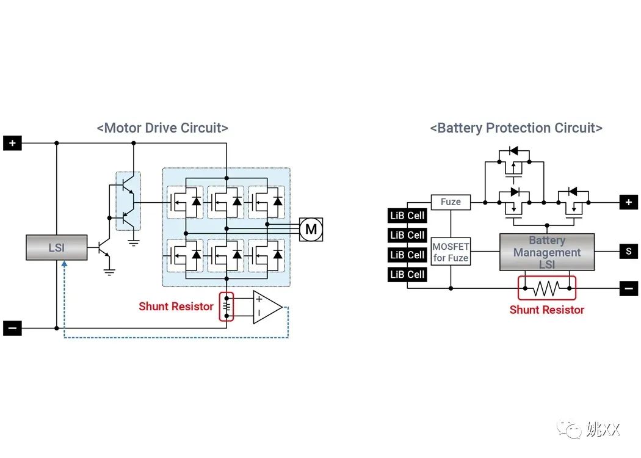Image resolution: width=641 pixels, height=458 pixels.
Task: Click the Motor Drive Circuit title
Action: click(162, 128)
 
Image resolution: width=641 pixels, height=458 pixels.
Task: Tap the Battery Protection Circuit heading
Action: click(516, 128)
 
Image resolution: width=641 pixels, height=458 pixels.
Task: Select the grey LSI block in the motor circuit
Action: click(56, 248)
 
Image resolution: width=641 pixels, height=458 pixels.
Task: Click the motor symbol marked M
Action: click(311, 229)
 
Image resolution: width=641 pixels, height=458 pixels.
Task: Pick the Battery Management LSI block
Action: click(546, 252)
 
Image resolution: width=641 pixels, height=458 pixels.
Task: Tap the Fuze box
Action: click(451, 202)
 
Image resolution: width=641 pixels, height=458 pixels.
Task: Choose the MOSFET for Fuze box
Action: click(451, 252)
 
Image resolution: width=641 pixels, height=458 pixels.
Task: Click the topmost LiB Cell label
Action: click(407, 216)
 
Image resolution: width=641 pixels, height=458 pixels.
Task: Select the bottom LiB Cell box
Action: click(407, 274)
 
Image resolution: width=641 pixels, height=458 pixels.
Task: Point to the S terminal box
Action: click(628, 250)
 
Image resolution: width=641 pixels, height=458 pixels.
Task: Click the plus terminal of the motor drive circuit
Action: click(12, 144)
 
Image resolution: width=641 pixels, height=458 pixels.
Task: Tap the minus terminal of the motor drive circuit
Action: click(12, 329)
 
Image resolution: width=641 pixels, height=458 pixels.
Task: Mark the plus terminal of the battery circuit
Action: click(628, 202)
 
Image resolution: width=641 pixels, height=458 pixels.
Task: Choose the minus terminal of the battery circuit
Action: click(628, 288)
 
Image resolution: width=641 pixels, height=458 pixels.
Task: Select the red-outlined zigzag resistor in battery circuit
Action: click(546, 288)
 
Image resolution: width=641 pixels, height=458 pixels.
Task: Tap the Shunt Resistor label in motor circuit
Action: click(176, 307)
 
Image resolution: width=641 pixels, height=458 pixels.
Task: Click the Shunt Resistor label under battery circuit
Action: click(546, 310)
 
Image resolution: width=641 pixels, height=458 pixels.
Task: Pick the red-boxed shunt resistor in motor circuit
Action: click(226, 307)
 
